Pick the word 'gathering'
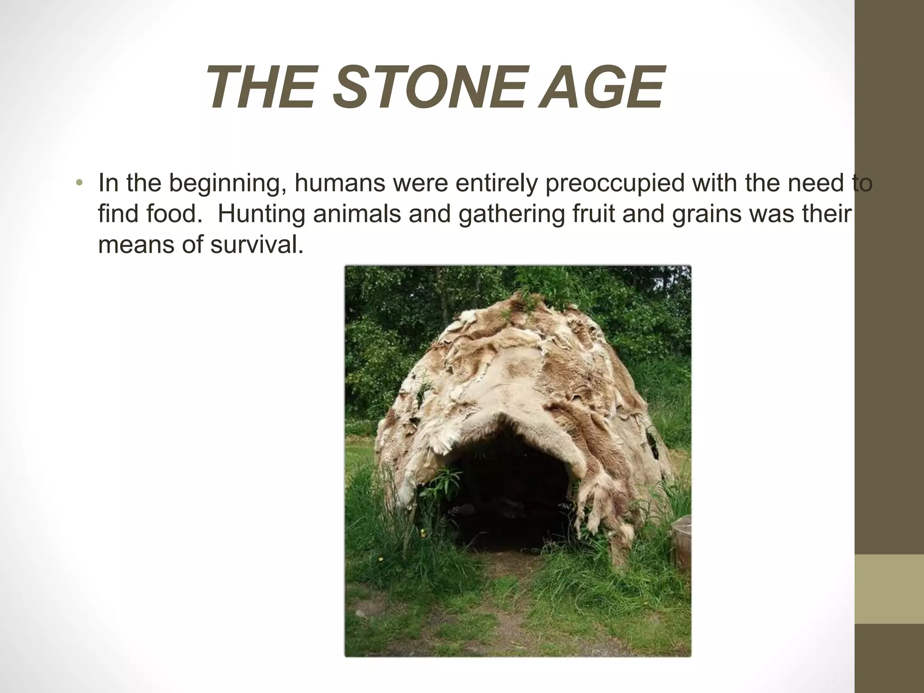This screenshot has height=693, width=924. tap(511, 214)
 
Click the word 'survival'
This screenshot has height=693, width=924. tap(256, 245)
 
